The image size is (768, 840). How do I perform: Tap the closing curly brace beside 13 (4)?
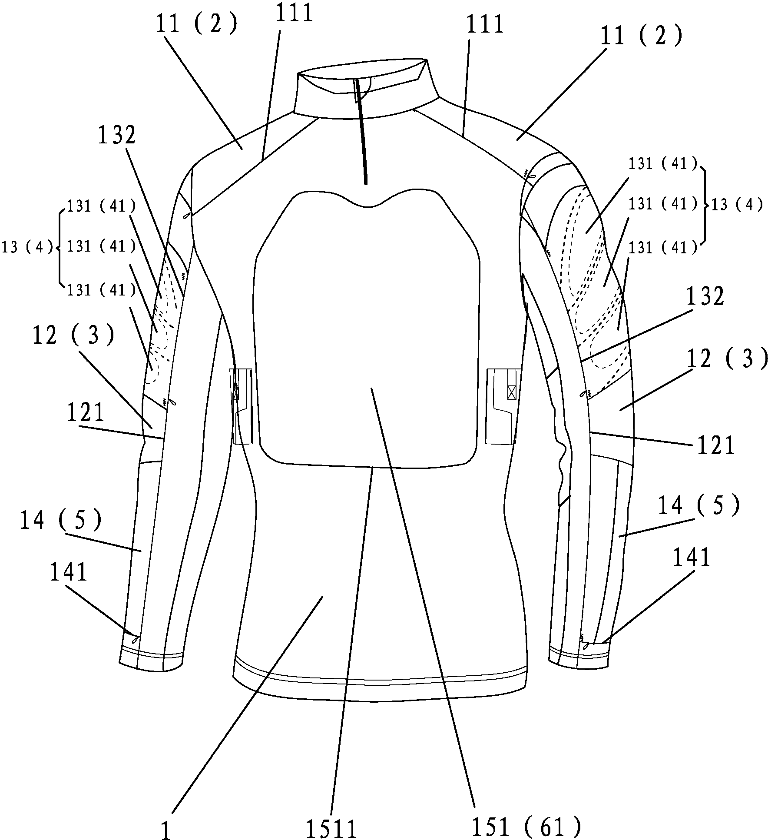coord(705,205)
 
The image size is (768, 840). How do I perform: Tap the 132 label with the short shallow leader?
coord(705,297)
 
